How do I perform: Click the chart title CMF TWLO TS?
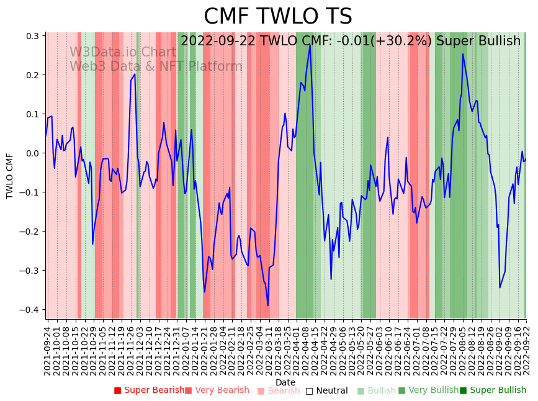(277, 17)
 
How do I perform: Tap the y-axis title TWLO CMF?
(9, 176)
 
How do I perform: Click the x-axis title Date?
(285, 382)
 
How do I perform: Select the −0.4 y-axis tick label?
(28, 310)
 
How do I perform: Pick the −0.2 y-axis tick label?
(28, 232)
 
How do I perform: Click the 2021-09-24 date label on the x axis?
(48, 351)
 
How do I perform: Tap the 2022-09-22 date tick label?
(527, 351)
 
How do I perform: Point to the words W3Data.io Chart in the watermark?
(122, 52)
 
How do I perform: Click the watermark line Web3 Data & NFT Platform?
(156, 66)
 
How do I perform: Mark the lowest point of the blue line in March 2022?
(268, 305)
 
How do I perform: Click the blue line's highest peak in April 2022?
(310, 45)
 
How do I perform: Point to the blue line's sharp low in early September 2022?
(500, 287)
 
